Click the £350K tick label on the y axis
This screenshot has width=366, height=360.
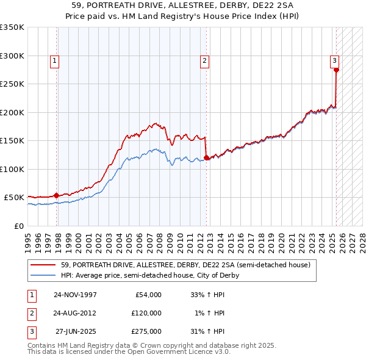point(12,27)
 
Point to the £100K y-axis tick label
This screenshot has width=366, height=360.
point(12,169)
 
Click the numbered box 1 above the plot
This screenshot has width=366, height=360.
point(55,60)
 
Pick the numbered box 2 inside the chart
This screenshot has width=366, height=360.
point(204,60)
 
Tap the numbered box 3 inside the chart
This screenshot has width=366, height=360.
point(335,60)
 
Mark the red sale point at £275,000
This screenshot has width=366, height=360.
point(336,70)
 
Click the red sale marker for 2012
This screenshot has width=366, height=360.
point(206,158)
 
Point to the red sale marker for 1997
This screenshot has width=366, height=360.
point(57,195)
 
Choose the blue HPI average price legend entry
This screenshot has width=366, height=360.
point(150,275)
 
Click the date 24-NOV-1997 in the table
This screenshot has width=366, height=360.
point(76,294)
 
